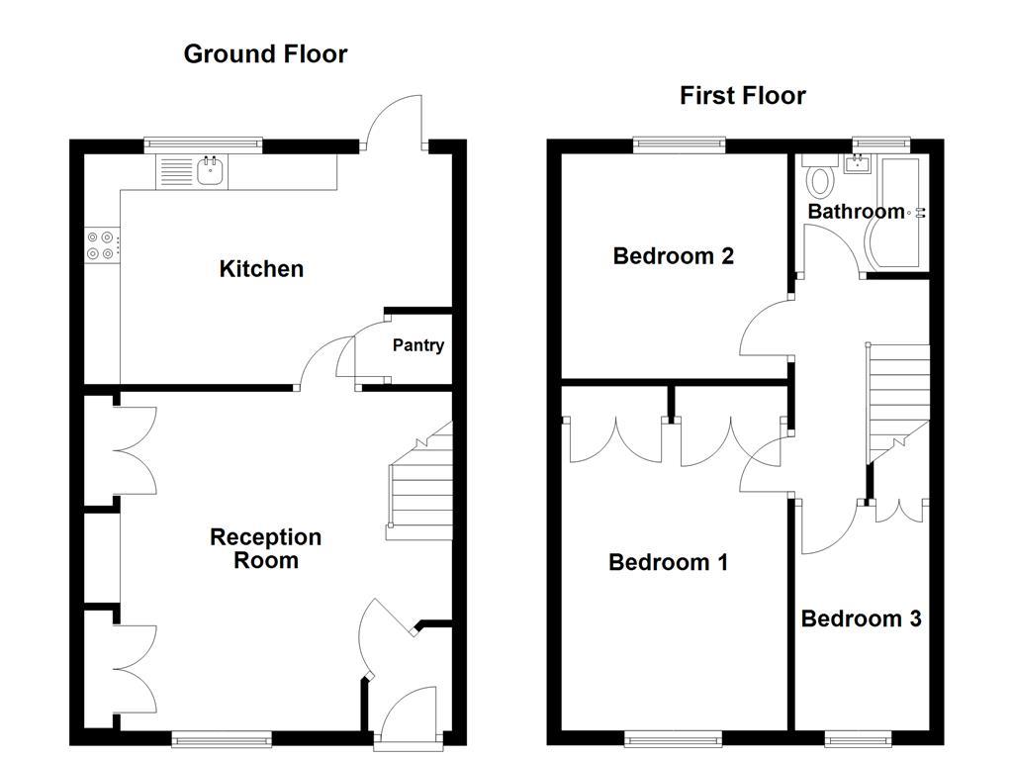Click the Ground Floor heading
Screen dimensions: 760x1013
(265, 53)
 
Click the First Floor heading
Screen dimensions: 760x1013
(742, 95)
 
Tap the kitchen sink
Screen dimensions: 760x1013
(210, 173)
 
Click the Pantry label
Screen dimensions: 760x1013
(417, 345)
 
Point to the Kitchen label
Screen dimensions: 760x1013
(261, 268)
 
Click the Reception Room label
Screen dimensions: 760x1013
(266, 548)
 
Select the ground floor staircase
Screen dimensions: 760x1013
(419, 490)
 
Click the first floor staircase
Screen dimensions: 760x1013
(898, 401)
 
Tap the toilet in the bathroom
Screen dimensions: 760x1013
(820, 179)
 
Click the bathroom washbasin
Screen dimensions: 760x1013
(857, 165)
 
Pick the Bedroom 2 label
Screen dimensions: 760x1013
(673, 256)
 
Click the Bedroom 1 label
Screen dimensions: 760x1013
(668, 562)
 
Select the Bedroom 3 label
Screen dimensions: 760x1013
(861, 618)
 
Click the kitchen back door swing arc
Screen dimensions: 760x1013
(394, 117)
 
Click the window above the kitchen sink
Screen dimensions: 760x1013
(204, 144)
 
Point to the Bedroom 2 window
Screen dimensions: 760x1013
(679, 144)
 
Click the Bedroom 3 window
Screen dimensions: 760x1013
(859, 738)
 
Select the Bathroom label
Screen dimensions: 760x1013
(856, 211)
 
